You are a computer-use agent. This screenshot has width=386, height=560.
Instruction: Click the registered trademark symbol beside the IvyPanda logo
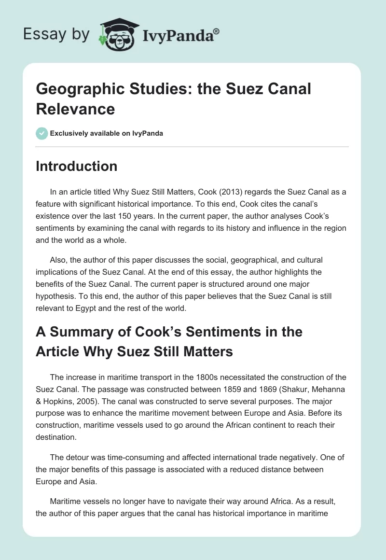pos(217,31)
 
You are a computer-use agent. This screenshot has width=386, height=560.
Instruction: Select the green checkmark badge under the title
pos(41,133)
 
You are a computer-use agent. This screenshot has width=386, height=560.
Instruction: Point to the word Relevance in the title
pos(75,109)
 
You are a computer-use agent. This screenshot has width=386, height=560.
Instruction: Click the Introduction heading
pos(77,166)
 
